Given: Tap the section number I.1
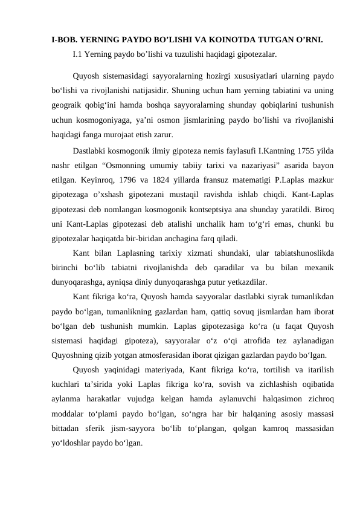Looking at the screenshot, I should (x=77, y=54).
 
